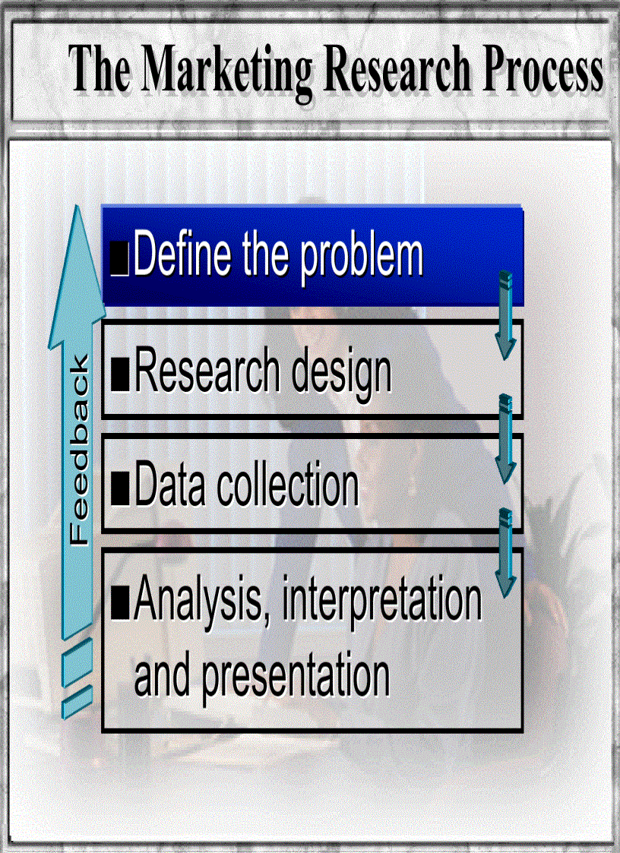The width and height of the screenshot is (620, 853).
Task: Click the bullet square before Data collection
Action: [119, 488]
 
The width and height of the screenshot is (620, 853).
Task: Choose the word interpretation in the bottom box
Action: [381, 600]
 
